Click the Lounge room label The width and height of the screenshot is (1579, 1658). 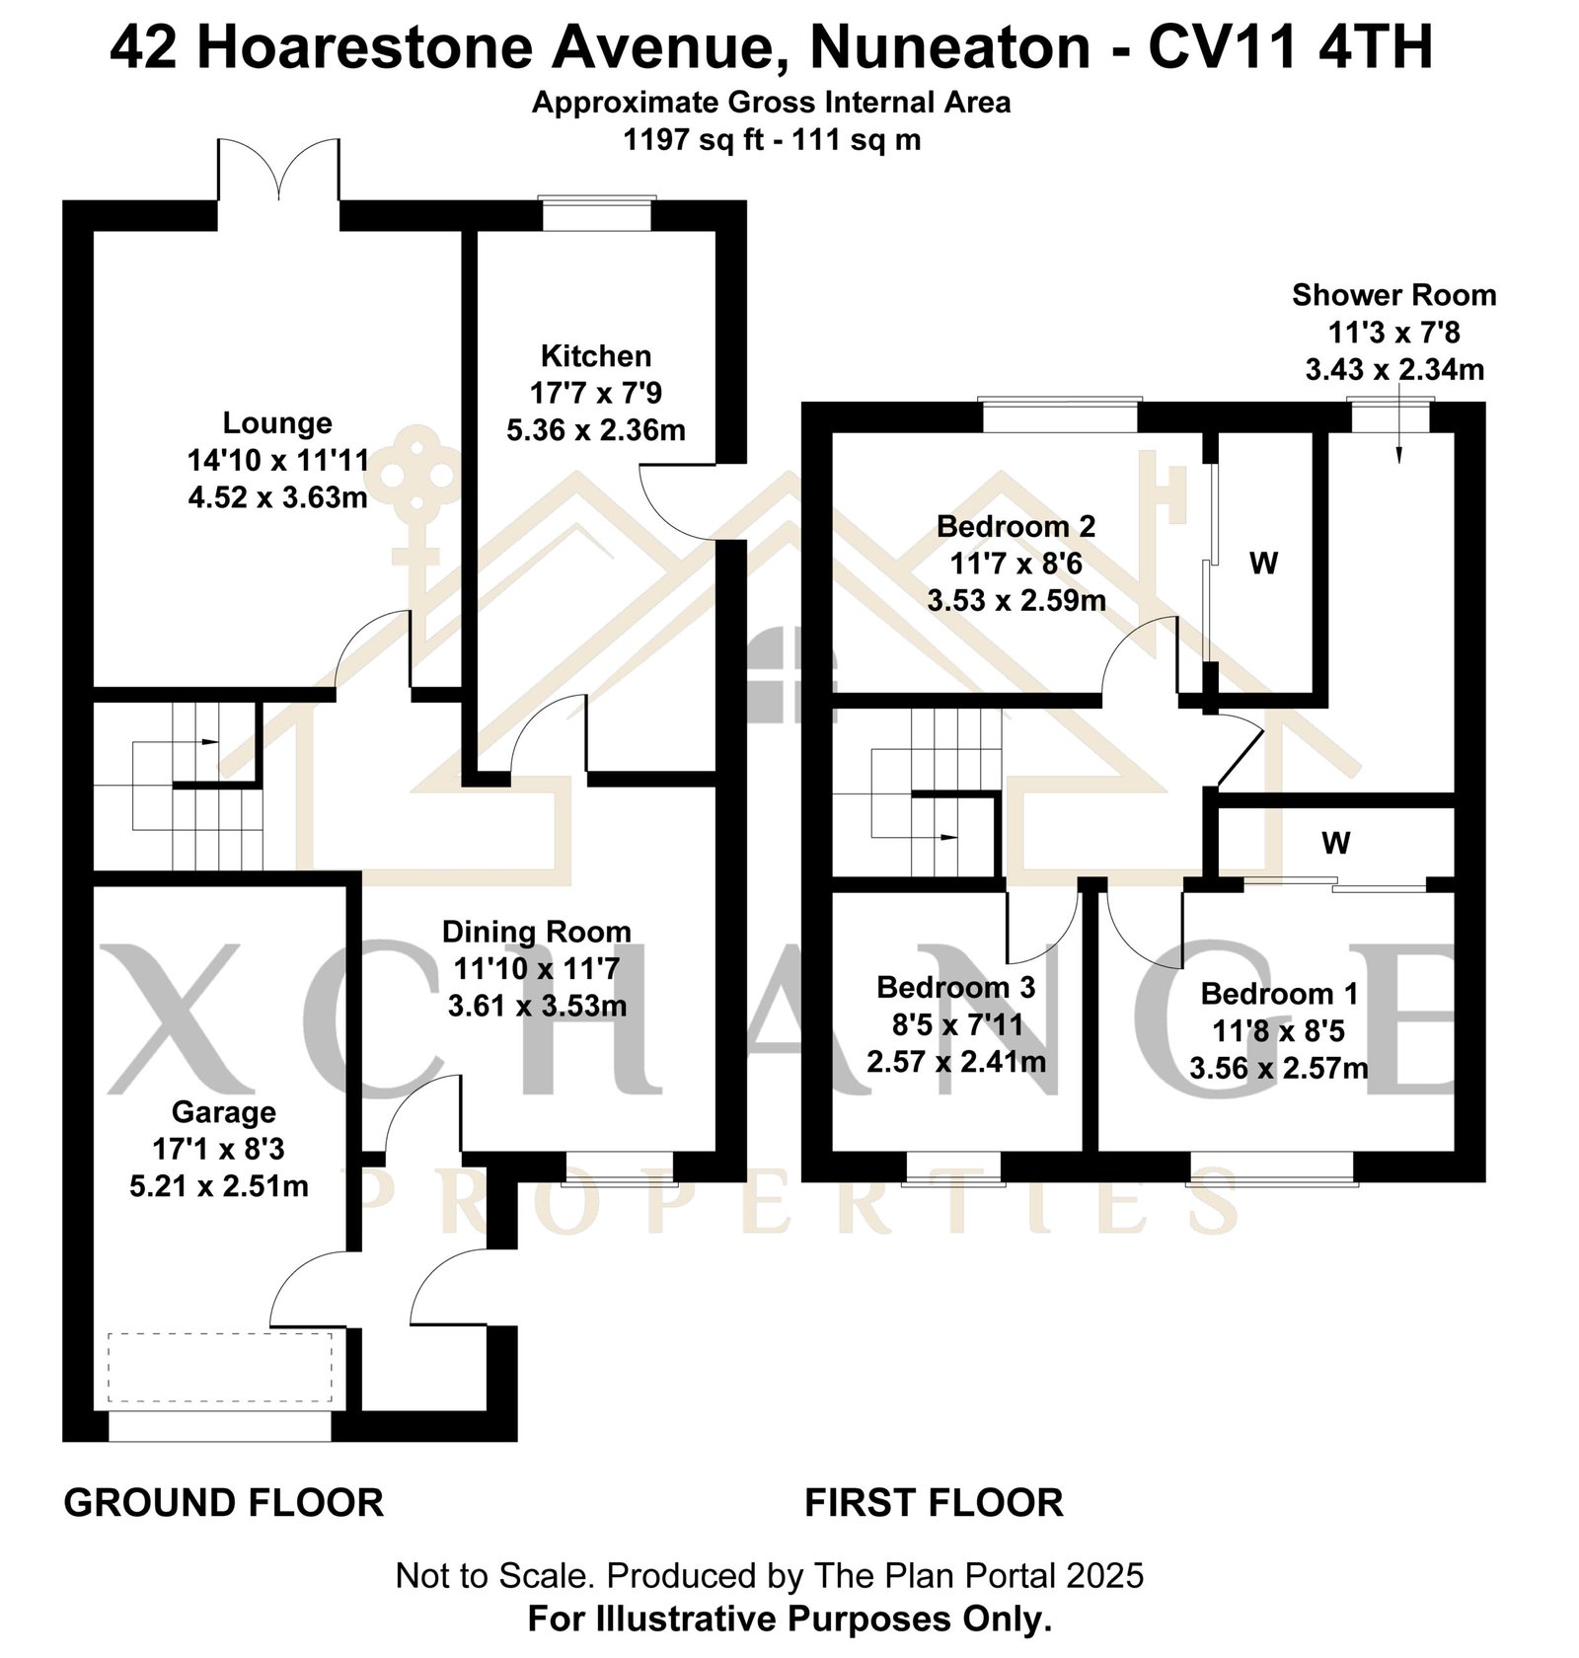tap(277, 422)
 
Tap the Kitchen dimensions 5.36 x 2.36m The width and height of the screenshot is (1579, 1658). tap(596, 430)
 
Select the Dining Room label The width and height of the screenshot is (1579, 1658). tap(536, 932)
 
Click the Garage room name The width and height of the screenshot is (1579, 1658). tap(223, 1112)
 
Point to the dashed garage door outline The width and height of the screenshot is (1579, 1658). tap(220, 1367)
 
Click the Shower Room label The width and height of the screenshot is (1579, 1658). tap(1393, 295)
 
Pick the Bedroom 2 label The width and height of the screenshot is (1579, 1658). tap(1015, 526)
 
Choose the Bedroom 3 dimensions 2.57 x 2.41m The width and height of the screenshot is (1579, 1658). tap(956, 1062)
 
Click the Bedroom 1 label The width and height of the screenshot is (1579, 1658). tap(1279, 993)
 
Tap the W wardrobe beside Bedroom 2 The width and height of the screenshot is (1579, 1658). tap(1263, 564)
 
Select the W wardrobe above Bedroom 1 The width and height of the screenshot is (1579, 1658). tap(1335, 843)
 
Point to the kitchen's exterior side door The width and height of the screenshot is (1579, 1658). tap(678, 502)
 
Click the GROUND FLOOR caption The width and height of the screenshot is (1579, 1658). tap(224, 1503)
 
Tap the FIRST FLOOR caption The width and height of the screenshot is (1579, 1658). tap(934, 1503)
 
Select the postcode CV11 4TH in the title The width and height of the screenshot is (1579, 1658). tap(1290, 47)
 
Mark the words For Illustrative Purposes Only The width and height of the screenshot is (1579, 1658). tap(789, 1620)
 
